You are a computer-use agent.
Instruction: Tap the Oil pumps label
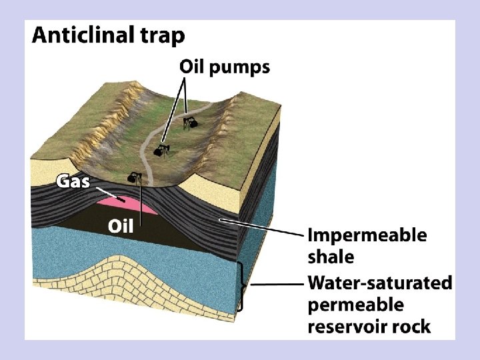click(x=225, y=67)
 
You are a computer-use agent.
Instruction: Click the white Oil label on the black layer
click(x=121, y=226)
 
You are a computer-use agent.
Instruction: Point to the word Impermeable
click(x=367, y=236)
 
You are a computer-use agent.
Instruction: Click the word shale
click(x=331, y=257)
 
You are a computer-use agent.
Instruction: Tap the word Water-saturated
click(x=379, y=283)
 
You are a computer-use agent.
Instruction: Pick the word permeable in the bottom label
click(x=355, y=305)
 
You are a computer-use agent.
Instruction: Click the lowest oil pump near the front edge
click(x=135, y=177)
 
